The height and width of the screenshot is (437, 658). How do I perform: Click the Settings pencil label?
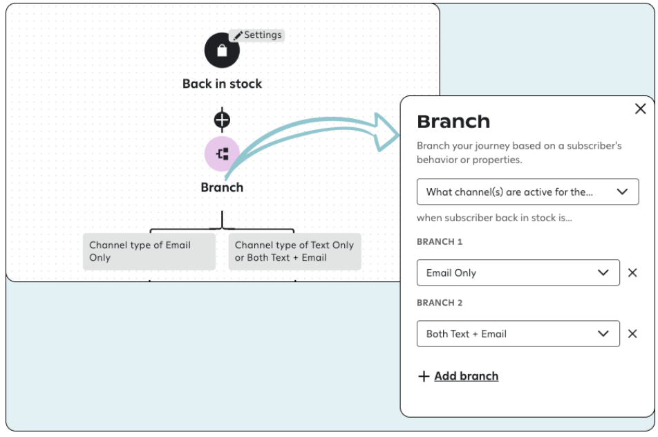coord(257,35)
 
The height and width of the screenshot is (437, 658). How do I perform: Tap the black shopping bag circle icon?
coord(222,51)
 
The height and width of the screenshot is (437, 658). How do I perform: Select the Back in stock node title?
coord(222,84)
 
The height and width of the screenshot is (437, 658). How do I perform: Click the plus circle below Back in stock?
coord(222,120)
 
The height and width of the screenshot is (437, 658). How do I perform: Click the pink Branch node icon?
coord(222,154)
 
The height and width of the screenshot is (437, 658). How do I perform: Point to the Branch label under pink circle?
coord(222,187)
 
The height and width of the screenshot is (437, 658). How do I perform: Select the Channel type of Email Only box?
coord(149,251)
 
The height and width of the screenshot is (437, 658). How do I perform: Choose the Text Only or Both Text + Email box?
coord(294,251)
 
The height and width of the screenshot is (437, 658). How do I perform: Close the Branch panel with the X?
coord(640,109)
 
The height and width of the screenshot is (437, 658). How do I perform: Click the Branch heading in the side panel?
coord(453,122)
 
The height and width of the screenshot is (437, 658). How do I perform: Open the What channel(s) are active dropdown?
coord(527,192)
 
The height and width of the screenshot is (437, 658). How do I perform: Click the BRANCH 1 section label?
coord(440,242)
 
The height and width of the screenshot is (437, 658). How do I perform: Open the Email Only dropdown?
coord(518,272)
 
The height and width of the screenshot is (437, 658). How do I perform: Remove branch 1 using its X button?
coord(632,272)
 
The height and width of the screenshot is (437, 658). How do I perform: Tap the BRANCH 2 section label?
coord(440,303)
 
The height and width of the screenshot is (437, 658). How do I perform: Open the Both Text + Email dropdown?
coord(518,333)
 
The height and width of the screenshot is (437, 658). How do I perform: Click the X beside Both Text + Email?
coord(632,333)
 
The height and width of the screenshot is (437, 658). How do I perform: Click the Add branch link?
coord(466,376)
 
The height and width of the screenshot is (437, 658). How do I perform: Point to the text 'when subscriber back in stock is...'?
coord(494,218)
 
